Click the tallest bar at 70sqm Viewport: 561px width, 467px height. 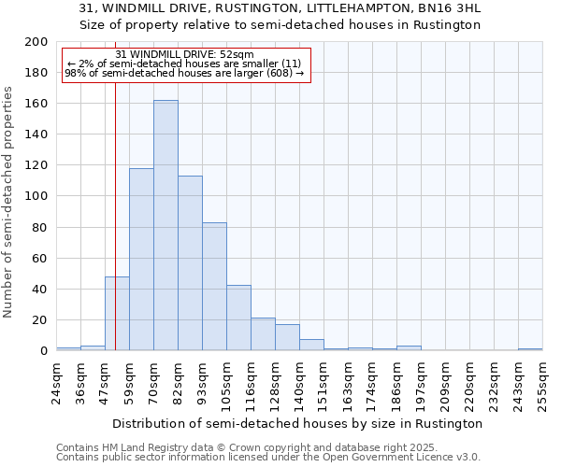click(x=165, y=225)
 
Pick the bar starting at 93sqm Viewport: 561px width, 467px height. click(x=214, y=287)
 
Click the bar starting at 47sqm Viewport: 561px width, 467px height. click(x=117, y=314)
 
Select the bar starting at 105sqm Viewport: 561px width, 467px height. click(x=238, y=318)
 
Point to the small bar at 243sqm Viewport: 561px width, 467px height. click(x=530, y=349)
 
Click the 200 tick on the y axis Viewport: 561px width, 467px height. click(x=36, y=42)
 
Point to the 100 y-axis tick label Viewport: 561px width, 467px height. click(x=36, y=196)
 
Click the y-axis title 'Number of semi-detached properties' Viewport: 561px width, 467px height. click(x=9, y=202)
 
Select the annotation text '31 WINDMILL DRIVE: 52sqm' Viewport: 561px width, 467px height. click(x=184, y=55)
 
